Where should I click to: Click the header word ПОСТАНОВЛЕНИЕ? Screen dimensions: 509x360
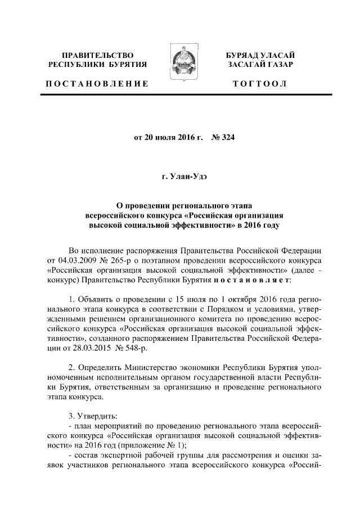tap(97, 84)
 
